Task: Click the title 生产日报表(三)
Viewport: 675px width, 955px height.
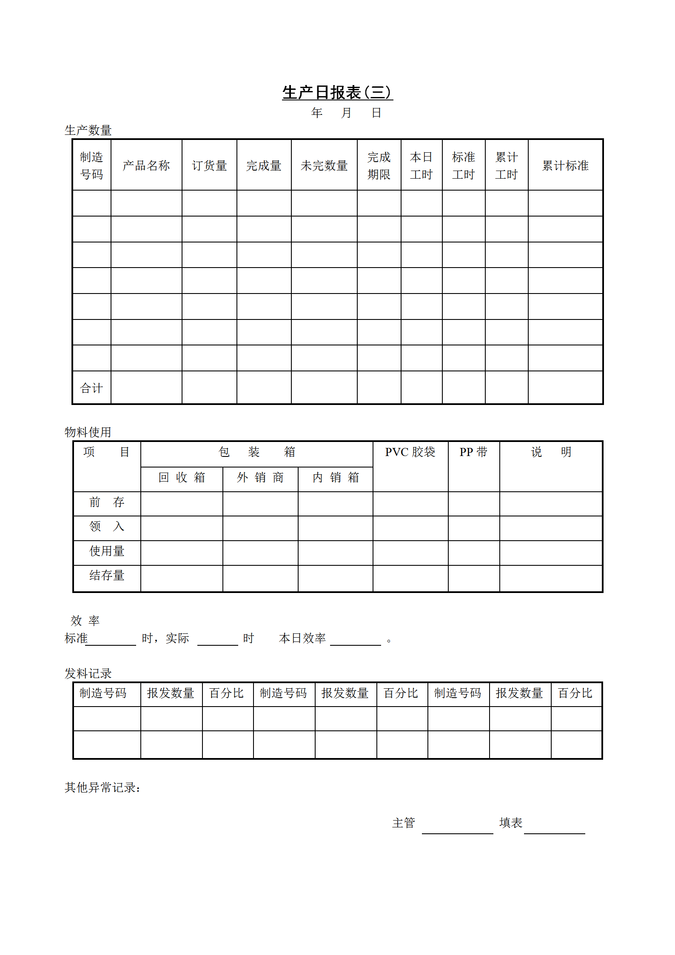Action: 337,92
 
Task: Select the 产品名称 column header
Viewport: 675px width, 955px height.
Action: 146,165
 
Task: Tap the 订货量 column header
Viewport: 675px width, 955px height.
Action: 209,165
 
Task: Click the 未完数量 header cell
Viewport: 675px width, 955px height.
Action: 324,165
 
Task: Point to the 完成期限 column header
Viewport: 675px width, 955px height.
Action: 379,165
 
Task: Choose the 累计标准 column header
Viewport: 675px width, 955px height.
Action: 565,165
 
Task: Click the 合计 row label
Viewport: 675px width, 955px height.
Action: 91,388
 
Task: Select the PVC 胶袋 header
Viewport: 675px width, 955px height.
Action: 410,452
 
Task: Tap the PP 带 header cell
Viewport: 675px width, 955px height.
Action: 473,452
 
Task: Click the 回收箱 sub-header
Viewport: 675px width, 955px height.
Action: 182,478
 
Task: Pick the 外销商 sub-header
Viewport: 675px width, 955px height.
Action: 260,478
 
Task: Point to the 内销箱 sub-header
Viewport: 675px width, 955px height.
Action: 336,478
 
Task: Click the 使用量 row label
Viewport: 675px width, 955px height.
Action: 107,551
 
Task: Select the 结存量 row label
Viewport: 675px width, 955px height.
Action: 107,576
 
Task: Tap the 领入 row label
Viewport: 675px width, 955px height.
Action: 107,527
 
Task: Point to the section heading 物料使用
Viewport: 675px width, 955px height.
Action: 88,432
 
